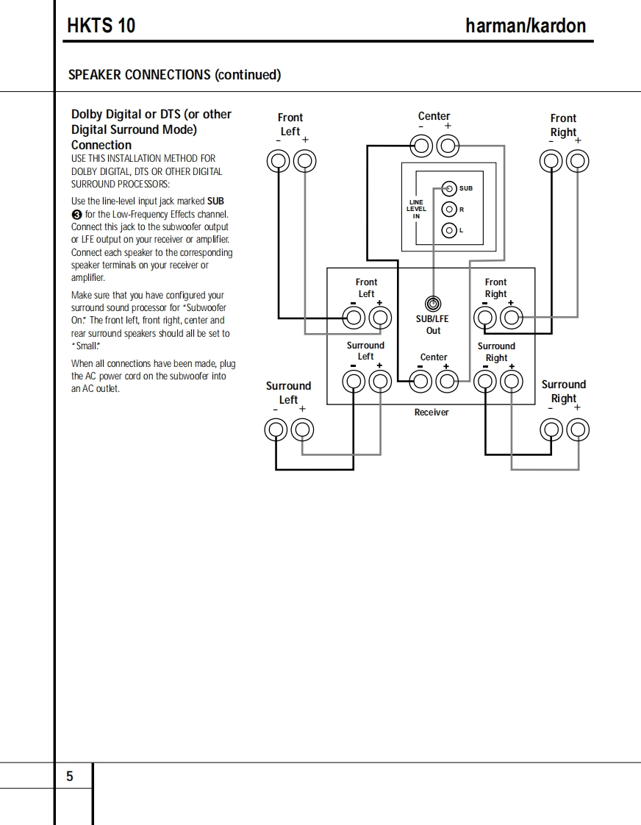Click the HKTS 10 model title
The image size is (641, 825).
click(x=101, y=26)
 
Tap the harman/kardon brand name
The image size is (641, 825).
click(x=526, y=26)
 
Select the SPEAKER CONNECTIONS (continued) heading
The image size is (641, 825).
click(x=174, y=74)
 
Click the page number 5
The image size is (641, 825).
click(x=70, y=776)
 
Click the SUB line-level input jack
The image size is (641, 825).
click(x=449, y=187)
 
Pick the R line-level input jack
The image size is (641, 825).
click(x=449, y=210)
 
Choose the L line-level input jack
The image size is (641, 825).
click(x=449, y=230)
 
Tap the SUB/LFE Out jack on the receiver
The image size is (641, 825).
click(x=433, y=303)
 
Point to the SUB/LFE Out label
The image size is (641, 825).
click(x=433, y=325)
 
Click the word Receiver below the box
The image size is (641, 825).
click(x=431, y=413)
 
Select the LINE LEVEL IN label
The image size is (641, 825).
click(x=416, y=209)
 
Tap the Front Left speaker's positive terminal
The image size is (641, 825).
click(x=305, y=160)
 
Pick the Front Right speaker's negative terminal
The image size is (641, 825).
click(x=551, y=160)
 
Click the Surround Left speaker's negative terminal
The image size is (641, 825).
click(x=276, y=429)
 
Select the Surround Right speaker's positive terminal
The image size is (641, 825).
click(x=579, y=429)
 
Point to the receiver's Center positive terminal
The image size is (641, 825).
click(x=447, y=380)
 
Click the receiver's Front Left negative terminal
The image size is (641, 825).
click(x=354, y=318)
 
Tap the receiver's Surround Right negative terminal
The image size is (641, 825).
click(x=484, y=381)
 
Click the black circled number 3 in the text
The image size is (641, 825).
click(x=76, y=214)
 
